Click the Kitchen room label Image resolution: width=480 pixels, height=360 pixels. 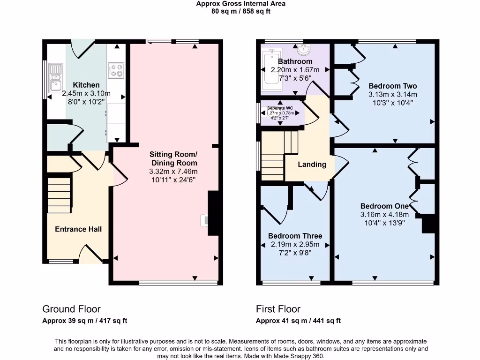pos(86,85)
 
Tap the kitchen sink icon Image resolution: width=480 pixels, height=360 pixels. pos(56,78)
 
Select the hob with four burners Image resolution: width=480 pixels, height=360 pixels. pos(116,70)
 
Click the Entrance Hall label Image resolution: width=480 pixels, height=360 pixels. pos(78,229)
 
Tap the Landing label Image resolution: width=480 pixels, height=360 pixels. pos(312,164)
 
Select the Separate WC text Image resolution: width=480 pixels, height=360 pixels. pos(280,108)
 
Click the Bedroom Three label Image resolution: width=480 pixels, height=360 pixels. pos(295,236)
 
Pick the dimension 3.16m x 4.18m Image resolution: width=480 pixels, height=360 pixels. pos(384,215)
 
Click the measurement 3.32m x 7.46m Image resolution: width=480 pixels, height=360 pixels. pos(173,171)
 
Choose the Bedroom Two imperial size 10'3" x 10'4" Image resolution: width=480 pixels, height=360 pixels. pos(392,103)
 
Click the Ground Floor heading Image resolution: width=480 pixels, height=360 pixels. pos(71,309)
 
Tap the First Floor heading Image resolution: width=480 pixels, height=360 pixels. pos(278,309)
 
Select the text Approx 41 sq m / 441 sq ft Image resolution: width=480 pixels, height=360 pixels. pos(298,321)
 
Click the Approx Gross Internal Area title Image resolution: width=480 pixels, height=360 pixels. pos(240,4)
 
